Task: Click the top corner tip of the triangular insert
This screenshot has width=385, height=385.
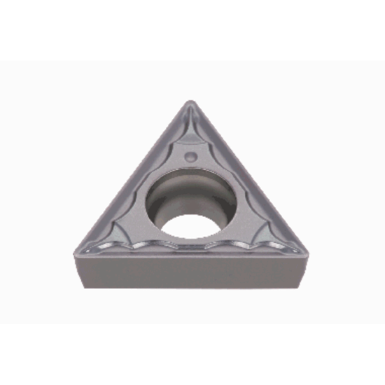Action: click(190, 102)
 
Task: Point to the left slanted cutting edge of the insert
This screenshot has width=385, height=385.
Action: click(129, 175)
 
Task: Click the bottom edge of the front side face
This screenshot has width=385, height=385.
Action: click(192, 288)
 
